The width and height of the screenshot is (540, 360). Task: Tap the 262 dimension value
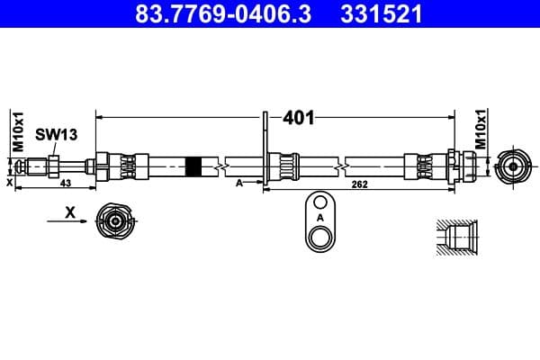click(x=360, y=185)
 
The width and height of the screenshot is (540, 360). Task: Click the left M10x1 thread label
click(x=16, y=133)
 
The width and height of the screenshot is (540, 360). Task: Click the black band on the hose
click(x=193, y=166)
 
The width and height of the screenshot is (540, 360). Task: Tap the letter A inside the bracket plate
click(x=319, y=218)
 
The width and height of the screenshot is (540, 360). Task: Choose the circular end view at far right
click(x=513, y=166)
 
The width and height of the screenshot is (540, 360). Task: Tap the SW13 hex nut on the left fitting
click(x=55, y=166)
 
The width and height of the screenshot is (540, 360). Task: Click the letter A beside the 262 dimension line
click(x=238, y=182)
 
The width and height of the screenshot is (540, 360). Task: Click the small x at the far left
click(x=9, y=182)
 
